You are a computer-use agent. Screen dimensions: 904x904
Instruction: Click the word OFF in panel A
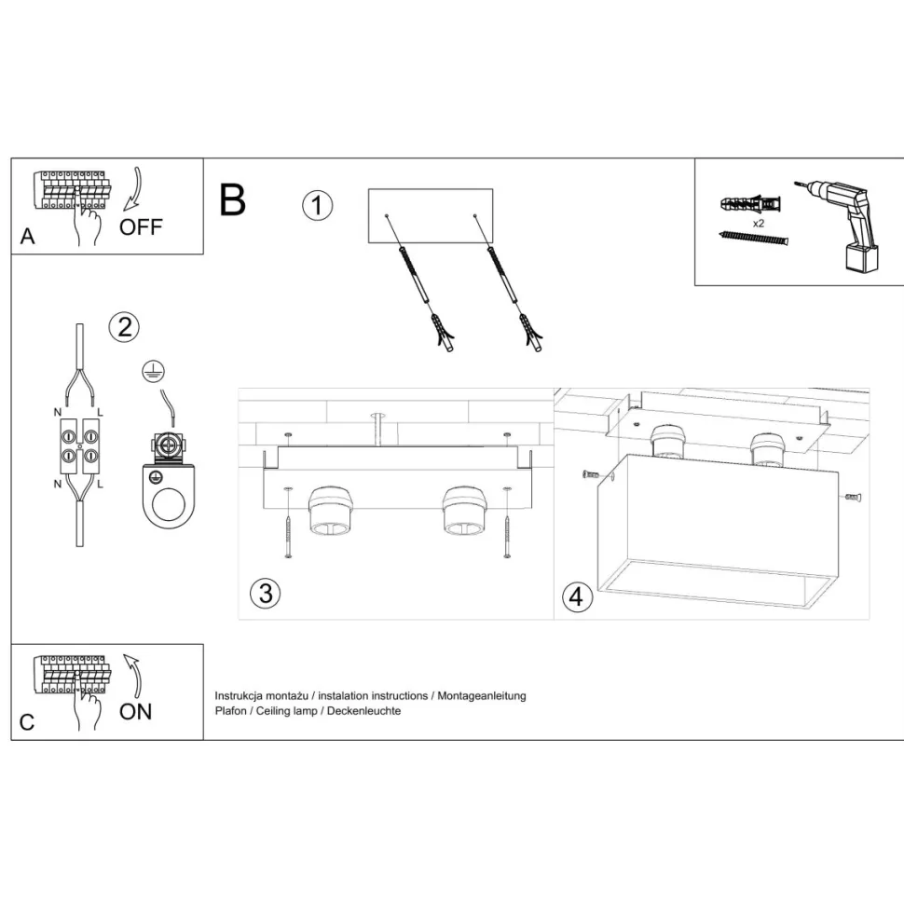click(141, 226)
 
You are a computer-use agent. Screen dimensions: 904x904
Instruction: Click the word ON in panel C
click(135, 712)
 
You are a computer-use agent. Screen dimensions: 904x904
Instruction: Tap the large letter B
click(232, 199)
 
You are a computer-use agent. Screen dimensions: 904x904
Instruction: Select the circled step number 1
click(317, 205)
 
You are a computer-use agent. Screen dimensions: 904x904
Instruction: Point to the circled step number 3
click(266, 593)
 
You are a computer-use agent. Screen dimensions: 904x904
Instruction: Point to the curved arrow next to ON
click(132, 677)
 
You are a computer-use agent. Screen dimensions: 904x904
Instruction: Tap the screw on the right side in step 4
click(852, 497)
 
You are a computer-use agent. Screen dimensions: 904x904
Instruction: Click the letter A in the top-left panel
click(28, 237)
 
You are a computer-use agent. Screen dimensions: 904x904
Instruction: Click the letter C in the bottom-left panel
click(27, 722)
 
